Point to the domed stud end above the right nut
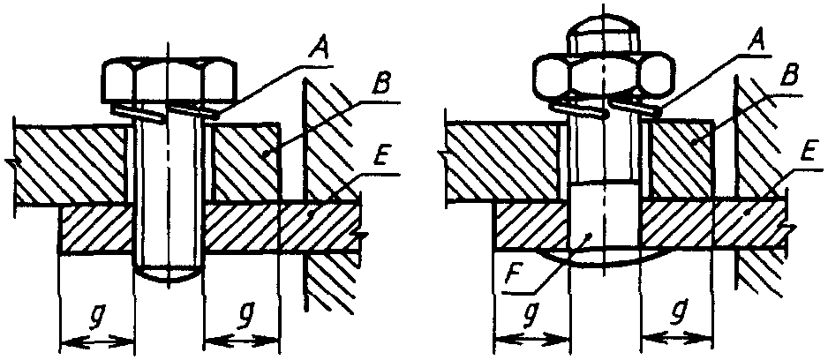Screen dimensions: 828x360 (599, 34)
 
